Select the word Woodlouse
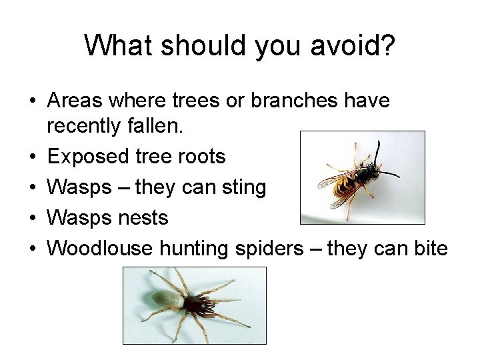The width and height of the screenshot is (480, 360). click(100, 249)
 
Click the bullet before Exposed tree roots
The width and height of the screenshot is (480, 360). click(33, 157)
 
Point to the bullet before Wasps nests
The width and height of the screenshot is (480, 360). click(33, 219)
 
